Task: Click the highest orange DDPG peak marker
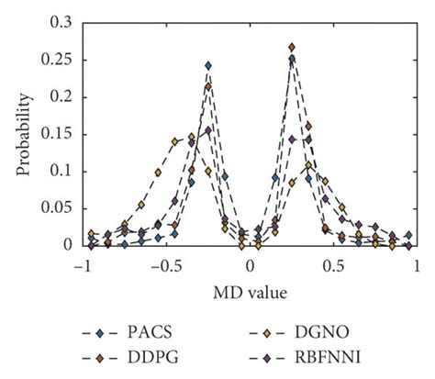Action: pos(292,47)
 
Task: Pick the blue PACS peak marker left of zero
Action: pos(208,66)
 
